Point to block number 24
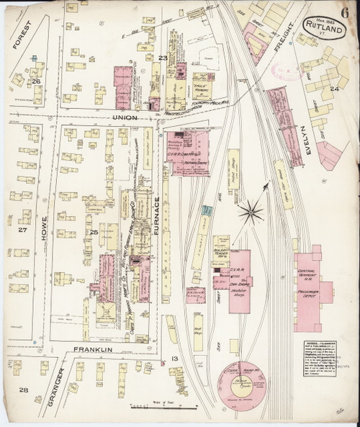tap(333, 89)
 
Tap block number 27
tap(22, 230)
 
